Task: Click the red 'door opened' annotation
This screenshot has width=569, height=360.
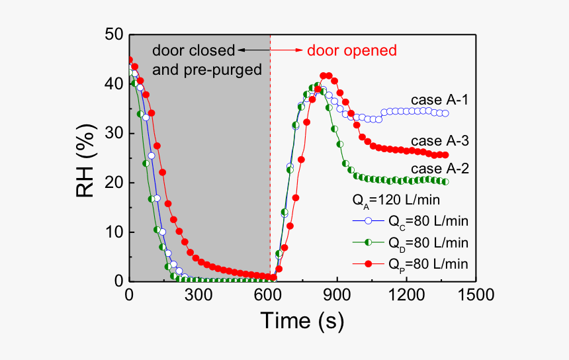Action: (355, 50)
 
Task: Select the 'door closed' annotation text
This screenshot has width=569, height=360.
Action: (193, 50)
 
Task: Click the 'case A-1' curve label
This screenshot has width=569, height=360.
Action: (440, 100)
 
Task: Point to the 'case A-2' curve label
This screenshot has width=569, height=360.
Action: (440, 169)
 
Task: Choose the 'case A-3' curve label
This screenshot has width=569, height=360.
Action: (440, 141)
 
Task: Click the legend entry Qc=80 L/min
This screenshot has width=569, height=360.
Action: (428, 221)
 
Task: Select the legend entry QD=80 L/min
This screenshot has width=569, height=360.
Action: (428, 242)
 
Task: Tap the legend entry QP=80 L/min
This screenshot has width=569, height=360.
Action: (428, 263)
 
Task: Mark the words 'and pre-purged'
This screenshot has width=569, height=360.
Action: (207, 69)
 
